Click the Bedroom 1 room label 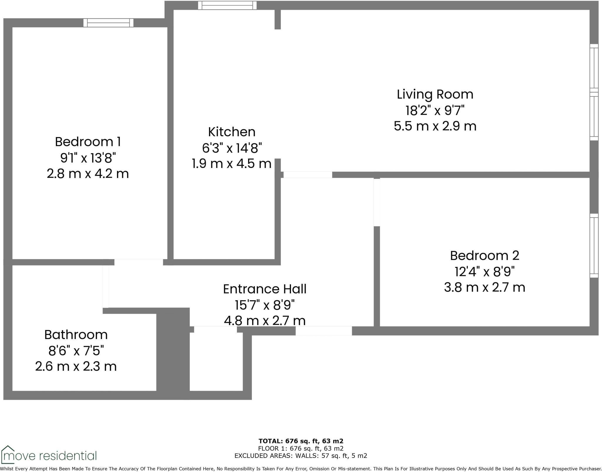[88, 142]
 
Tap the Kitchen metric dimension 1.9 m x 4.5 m [232, 164]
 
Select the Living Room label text [435, 94]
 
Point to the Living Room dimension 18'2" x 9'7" [435, 111]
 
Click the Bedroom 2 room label [484, 256]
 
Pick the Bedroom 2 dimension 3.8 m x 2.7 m [484, 287]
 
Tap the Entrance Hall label [265, 289]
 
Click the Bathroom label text [76, 335]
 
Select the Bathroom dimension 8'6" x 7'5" [76, 351]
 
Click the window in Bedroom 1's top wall [108, 23]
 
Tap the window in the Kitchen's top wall [227, 5]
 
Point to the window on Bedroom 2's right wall [594, 246]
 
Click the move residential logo [49, 456]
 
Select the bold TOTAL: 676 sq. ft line [301, 441]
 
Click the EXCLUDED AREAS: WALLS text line [301, 456]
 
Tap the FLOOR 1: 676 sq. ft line [301, 448]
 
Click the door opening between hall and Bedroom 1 [138, 262]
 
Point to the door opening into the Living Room [307, 175]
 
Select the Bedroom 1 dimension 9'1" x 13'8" [88, 158]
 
